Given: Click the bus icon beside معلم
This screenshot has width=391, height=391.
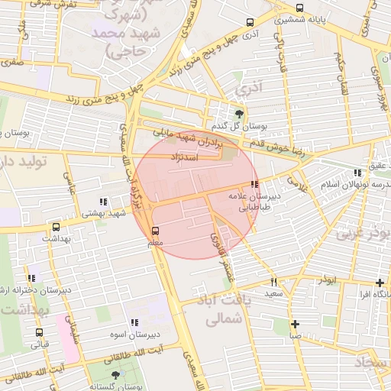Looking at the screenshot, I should click(x=156, y=231).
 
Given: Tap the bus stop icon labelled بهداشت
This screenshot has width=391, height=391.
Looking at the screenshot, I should click(x=56, y=227).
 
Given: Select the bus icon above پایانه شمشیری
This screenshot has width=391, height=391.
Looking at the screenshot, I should click(x=299, y=9).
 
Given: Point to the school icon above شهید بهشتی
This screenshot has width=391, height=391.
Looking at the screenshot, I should click(x=102, y=202).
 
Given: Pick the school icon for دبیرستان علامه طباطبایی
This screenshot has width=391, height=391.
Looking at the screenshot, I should click(x=254, y=184).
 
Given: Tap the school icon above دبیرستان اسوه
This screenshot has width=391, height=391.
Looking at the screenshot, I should click(x=134, y=323).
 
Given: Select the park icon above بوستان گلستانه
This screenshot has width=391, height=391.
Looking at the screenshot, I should click(x=115, y=375).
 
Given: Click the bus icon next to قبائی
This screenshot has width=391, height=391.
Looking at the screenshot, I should click(x=39, y=332).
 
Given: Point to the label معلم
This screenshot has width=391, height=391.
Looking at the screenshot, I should click(x=156, y=243).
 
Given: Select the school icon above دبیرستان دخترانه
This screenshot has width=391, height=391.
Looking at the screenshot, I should click(x=31, y=279).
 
